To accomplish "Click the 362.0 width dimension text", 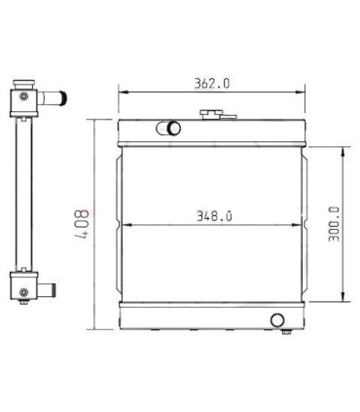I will [x=211, y=84].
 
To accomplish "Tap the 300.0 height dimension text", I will [x=334, y=224].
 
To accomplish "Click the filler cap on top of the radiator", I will [x=212, y=116].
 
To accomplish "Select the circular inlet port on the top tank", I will [x=173, y=128].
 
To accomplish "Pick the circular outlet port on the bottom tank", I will [x=277, y=319].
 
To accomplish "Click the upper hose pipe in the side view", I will [x=57, y=97].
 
